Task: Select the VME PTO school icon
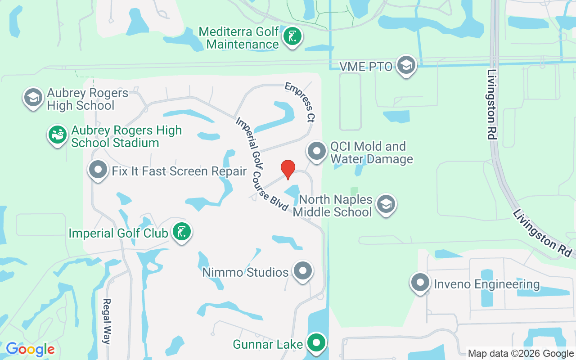coord(406,66)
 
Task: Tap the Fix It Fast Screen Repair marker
coord(98,170)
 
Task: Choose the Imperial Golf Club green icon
coord(181,232)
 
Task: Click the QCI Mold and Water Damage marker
coord(316,151)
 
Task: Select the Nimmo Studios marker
coord(303,271)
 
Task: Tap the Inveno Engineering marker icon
coord(420,283)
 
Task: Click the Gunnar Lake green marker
coord(316,343)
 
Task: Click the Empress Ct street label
coord(300,103)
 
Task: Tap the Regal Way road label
coord(107,321)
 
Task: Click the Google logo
coord(30,349)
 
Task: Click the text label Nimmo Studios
coord(245,272)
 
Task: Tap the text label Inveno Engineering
coord(486,284)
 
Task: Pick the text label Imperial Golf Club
coord(118,233)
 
